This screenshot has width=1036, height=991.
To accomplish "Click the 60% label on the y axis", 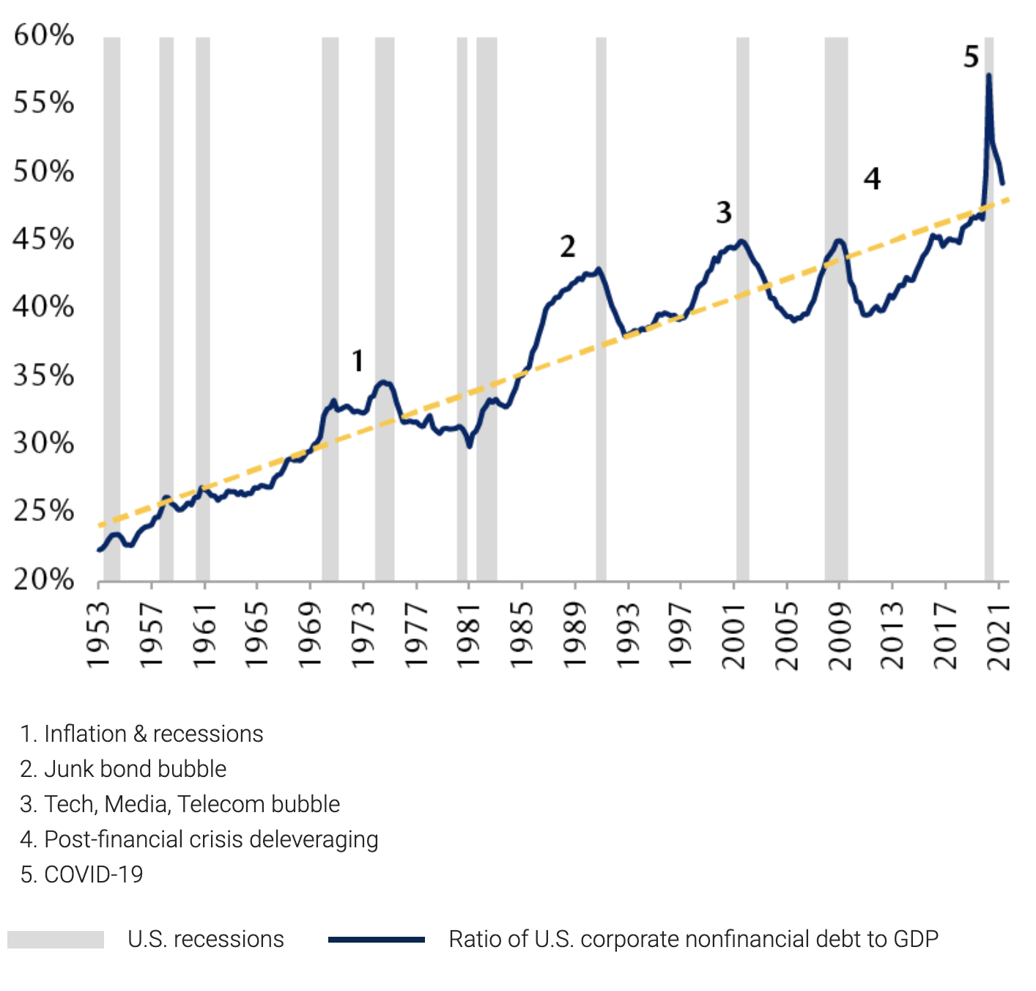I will pos(44,35).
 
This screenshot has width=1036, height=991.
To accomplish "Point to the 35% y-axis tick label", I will pos(44,375).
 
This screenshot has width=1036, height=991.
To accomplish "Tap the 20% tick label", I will pos(44,579).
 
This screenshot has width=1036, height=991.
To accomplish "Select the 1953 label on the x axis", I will pos(98,635).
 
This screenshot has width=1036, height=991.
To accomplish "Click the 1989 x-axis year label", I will pos(575,635).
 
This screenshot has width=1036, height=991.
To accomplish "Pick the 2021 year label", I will pos(999,635).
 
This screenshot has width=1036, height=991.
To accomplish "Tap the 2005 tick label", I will pos(787,635).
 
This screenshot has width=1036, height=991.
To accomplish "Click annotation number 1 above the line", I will pos(358,361).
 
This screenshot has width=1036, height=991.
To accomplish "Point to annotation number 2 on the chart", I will pos(568,246).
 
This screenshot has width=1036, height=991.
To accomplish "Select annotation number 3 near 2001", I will pos(724,213).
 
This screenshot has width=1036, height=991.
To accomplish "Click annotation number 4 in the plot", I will pos(872,178).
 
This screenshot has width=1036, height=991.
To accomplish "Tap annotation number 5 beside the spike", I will pos(971,56).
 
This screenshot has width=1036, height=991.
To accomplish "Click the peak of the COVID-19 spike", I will pos(989,75).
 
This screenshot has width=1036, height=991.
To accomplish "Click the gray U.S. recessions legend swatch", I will pos(56,940).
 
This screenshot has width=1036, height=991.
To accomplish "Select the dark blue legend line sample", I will pos(377,940).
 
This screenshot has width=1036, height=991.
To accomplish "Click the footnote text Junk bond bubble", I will pos(135,769).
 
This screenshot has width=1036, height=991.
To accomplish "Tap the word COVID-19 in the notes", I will pos(94,874).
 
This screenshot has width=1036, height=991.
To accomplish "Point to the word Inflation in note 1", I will pos(85,734).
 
